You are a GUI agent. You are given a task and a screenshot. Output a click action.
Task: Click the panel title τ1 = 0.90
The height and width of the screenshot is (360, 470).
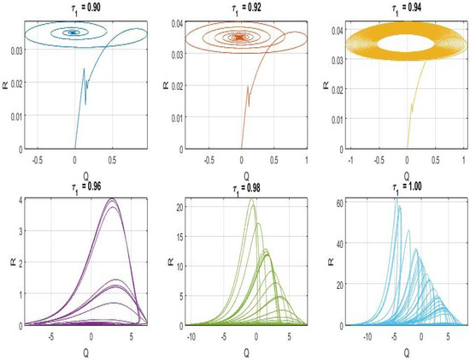[85, 9]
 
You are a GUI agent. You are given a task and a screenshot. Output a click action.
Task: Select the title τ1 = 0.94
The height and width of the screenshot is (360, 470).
[407, 9]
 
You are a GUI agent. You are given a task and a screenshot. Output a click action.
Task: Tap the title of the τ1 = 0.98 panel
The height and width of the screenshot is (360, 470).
[246, 189]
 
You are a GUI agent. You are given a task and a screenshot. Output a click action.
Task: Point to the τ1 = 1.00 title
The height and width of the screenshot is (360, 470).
[407, 188]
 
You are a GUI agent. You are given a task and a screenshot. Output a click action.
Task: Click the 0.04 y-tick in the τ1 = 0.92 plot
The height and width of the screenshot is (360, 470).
[177, 23]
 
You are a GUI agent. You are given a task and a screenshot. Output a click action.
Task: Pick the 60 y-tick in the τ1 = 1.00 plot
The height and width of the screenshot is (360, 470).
[339, 202]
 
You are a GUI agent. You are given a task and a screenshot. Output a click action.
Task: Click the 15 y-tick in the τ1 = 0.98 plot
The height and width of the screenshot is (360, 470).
[179, 236]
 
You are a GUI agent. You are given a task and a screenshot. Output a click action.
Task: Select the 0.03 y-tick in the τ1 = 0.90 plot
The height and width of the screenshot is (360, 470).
[16, 51]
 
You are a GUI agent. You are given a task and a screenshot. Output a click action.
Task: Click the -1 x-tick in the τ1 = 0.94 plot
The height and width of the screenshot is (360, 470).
[350, 160]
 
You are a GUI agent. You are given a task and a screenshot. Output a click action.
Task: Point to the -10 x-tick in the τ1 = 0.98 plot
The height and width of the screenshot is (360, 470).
[191, 337]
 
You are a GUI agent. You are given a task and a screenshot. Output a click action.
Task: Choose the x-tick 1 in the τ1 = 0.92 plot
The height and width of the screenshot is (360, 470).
[306, 160]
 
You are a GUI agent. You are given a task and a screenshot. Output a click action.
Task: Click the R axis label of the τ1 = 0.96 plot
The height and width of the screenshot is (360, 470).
[12, 262]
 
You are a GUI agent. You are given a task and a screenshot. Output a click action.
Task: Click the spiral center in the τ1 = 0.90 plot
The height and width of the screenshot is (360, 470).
[73, 32]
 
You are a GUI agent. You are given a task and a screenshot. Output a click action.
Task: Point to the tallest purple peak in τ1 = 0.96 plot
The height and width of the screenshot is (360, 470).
[113, 198]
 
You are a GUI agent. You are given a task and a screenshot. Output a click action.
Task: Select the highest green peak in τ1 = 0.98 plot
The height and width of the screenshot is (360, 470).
[252, 198]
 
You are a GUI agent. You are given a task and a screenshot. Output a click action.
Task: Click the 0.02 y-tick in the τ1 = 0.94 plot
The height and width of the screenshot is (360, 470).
[338, 88]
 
